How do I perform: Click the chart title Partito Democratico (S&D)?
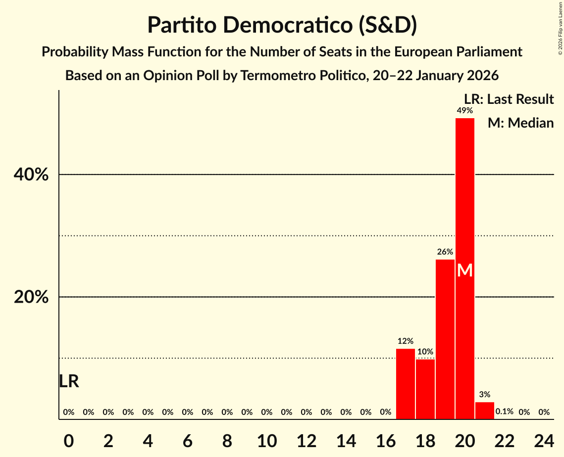282,25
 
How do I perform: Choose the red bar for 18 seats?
425,389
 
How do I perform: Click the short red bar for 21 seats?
485,411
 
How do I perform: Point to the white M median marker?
465,271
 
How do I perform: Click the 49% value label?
465,110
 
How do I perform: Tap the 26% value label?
445,252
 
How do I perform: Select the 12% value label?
406,341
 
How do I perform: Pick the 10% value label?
425,352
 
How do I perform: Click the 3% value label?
485,394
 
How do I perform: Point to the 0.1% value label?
505,412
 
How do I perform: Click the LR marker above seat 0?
69,381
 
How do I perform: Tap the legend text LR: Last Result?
509,99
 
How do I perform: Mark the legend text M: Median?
520,123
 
